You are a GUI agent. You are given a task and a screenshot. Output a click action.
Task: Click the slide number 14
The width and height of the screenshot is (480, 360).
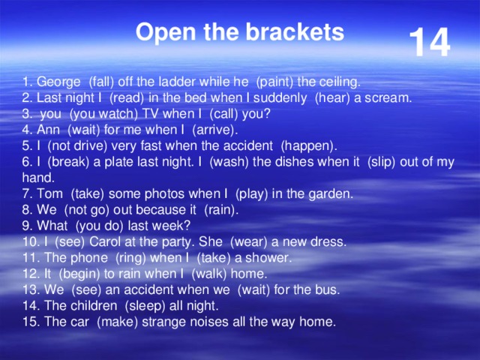click(429, 43)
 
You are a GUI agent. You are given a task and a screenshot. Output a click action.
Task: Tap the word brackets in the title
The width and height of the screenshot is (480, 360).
click(299, 32)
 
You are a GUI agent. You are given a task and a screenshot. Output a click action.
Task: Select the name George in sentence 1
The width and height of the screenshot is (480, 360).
click(59, 81)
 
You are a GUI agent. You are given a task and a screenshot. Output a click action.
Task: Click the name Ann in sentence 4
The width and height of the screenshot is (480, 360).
click(49, 129)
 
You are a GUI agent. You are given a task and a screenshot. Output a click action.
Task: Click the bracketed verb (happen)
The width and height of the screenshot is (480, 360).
click(308, 145)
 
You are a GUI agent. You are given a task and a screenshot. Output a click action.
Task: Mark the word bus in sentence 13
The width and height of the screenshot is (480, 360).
click(328, 289)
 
